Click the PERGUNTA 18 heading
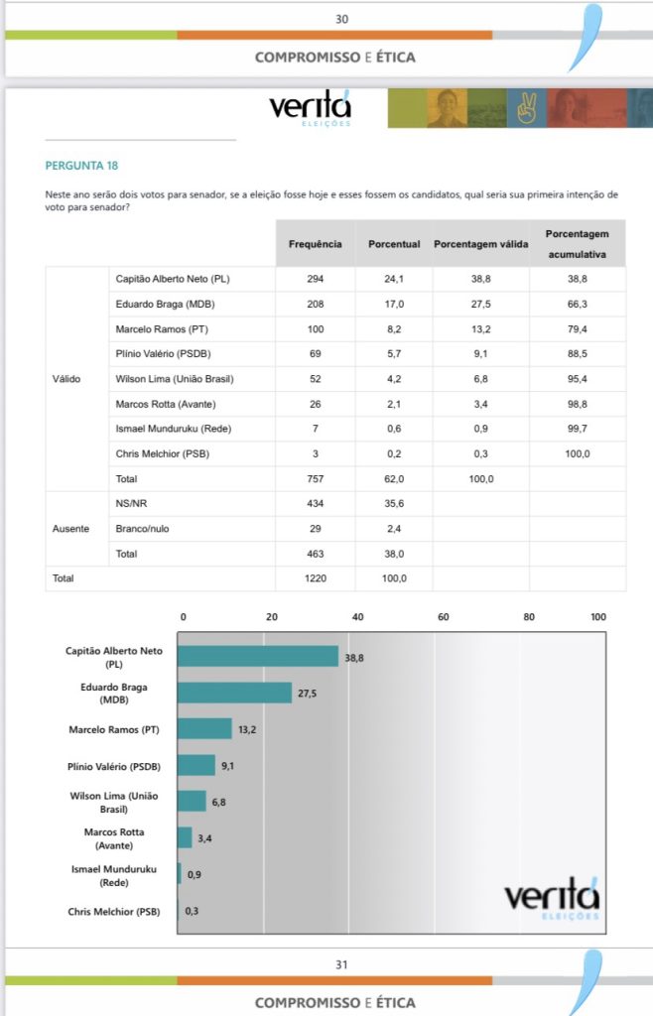coord(81,166)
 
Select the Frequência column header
coord(315,244)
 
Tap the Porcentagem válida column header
coord(480,244)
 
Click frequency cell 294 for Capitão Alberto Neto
coord(316,279)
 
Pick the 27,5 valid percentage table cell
coord(480,304)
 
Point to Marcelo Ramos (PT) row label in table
coord(162,329)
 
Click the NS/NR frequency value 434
coord(316,503)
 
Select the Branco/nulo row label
coord(142,529)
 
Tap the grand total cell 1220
coord(316,578)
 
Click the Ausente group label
coord(70,529)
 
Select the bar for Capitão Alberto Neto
coord(258,656)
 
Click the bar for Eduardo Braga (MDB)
coord(234,692)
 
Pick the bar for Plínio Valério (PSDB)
coord(196,765)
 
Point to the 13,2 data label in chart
coord(247,729)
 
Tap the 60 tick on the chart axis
coord(443,617)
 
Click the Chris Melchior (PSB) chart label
coord(114,912)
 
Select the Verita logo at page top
coord(311,107)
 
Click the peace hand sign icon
coord(527,108)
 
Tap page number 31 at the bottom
coord(341,964)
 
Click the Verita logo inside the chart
coord(552,898)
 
